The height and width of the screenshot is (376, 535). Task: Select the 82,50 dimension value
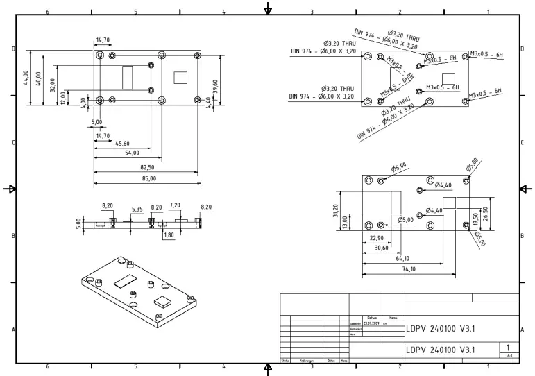pos(147,167)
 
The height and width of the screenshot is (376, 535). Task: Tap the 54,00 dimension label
pos(132,153)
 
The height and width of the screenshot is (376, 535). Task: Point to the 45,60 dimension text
pos(122,143)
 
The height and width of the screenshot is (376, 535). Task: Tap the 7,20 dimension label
pos(175,206)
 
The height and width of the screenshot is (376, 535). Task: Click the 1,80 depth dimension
pos(169,234)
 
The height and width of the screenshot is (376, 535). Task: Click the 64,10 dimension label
pos(402,259)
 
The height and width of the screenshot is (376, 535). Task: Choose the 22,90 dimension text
pos(376,238)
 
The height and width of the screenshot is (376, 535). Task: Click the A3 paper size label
pos(509,355)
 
